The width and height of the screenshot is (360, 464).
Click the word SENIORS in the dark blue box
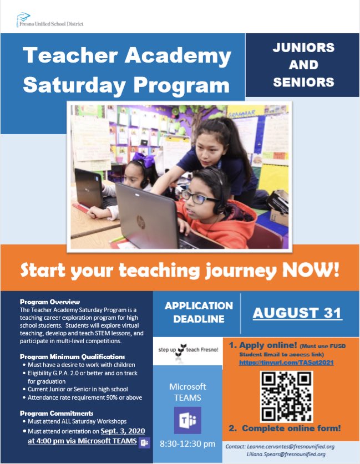[x=303, y=83]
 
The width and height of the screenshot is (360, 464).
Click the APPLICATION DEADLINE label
[x=199, y=312]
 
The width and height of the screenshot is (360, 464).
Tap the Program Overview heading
[x=50, y=302]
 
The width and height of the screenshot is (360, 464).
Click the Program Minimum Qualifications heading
[x=72, y=356]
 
